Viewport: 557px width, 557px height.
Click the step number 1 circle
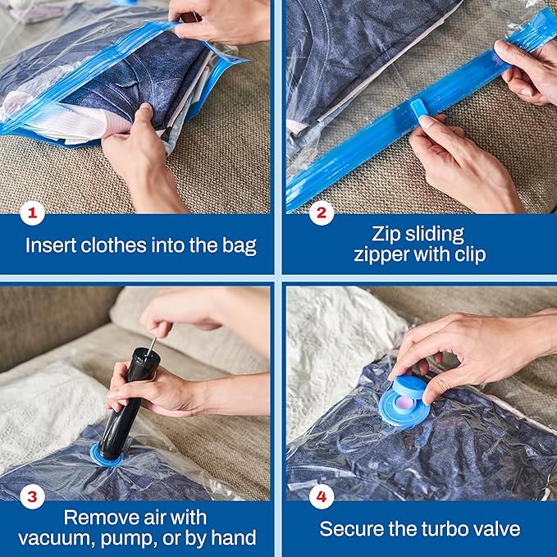[x=32, y=215]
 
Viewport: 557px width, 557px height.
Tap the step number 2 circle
[x=320, y=215]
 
